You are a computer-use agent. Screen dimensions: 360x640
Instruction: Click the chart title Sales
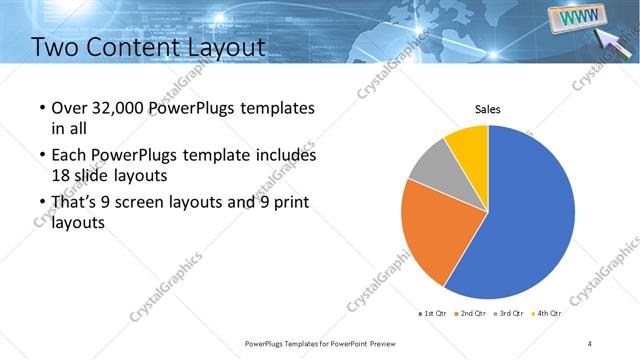point(487,109)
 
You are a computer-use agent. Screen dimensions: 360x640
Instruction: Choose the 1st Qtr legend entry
point(434,314)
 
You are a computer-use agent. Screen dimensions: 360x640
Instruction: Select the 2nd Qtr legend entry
point(472,314)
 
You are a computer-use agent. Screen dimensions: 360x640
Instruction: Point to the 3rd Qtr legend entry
point(510,314)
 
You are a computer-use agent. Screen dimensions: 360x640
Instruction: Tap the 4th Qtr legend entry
point(547,314)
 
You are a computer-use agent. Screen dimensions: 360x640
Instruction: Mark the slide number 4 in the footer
point(590,343)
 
